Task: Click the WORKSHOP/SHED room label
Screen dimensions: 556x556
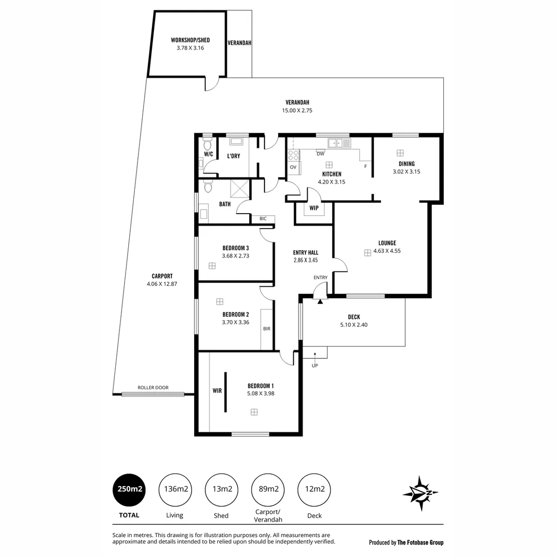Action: click(x=190, y=40)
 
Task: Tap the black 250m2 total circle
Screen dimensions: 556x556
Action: click(x=129, y=490)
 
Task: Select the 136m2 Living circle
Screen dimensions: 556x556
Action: click(x=175, y=490)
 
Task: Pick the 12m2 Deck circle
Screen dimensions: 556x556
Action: click(x=314, y=490)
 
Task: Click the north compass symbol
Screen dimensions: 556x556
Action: click(x=421, y=493)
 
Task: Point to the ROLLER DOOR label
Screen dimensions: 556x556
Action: click(x=153, y=388)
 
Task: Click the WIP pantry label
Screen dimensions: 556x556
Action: click(x=314, y=208)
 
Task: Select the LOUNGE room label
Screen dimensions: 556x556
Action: click(x=387, y=243)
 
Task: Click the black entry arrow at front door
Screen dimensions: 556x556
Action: click(x=320, y=302)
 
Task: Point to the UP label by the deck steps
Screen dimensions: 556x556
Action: click(x=315, y=366)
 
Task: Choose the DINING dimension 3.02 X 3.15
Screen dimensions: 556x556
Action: click(x=406, y=172)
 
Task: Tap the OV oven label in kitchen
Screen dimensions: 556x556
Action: click(x=293, y=167)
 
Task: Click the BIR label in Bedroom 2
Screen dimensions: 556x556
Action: click(x=266, y=328)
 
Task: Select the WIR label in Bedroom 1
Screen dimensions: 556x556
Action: click(x=217, y=391)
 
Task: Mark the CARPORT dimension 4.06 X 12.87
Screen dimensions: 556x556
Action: click(x=162, y=284)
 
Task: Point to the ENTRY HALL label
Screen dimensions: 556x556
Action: click(x=305, y=253)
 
